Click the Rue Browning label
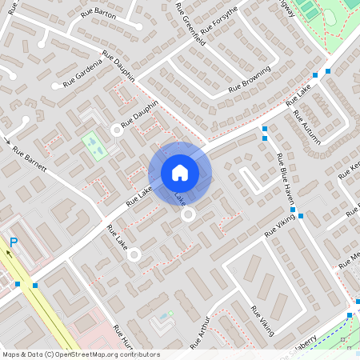[250, 82]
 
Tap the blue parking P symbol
[14, 242]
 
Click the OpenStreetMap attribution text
[81, 354]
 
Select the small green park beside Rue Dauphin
[94, 146]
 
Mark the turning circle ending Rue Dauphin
[117, 129]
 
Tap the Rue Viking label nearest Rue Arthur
[262, 320]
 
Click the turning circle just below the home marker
[189, 214]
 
